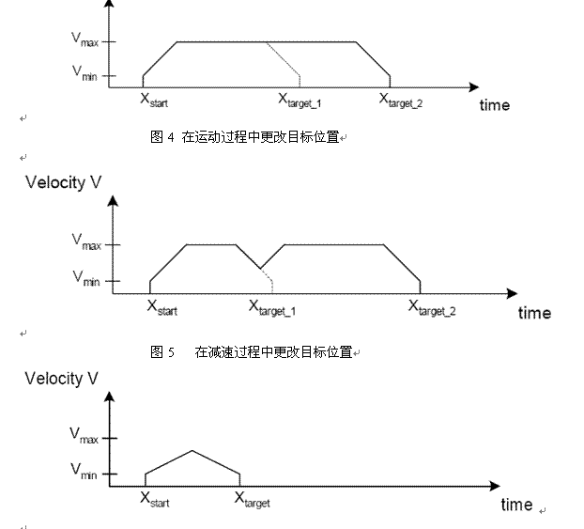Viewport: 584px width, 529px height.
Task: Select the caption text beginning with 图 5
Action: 252,352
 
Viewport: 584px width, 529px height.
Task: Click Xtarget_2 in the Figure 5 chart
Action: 432,306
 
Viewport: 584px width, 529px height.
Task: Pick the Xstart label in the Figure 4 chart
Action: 154,99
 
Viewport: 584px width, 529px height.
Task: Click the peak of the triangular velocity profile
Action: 192,451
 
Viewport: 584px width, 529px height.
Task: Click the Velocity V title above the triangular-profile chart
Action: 62,380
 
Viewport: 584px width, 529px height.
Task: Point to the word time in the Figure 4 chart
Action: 495,105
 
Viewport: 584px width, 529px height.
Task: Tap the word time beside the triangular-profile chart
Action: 516,505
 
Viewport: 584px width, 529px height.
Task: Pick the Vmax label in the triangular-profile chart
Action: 84,436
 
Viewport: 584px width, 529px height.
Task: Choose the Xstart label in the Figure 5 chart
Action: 161,306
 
